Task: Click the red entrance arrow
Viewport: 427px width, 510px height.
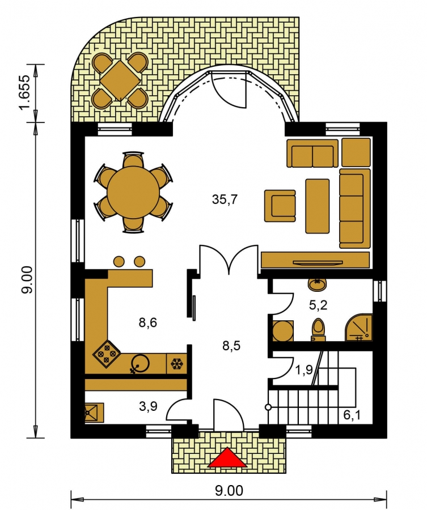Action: [227, 458]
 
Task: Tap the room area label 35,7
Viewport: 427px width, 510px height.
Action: [225, 199]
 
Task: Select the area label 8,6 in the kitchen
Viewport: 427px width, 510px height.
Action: [148, 322]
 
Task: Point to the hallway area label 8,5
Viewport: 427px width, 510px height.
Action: [231, 346]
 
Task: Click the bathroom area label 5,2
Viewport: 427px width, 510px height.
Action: [318, 305]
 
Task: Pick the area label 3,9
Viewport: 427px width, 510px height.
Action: [148, 406]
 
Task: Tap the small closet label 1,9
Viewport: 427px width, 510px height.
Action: [305, 370]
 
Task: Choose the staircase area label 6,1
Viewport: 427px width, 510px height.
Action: [352, 415]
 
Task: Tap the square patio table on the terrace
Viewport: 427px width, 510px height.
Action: [120, 80]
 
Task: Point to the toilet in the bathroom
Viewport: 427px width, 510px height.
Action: [318, 329]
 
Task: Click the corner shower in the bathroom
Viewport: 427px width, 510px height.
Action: [359, 328]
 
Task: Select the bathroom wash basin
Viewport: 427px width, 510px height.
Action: [316, 284]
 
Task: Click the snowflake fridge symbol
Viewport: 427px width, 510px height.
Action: [177, 363]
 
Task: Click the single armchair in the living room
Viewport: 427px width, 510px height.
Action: [280, 206]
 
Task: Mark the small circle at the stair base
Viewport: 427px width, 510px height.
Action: [268, 407]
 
